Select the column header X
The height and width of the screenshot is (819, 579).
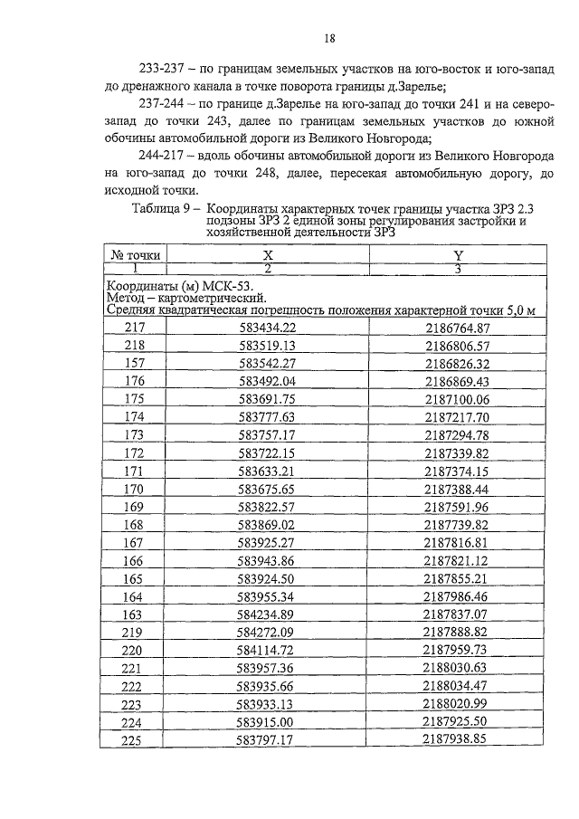(268, 256)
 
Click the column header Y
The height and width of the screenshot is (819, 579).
(457, 256)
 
